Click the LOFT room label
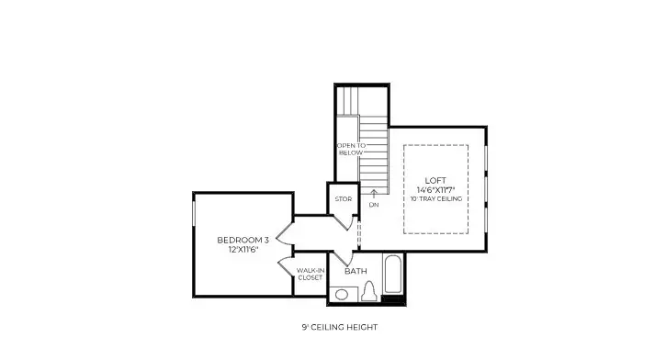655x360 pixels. pos(436,180)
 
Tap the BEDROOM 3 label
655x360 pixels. pos(236,241)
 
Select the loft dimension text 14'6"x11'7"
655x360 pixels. pos(436,189)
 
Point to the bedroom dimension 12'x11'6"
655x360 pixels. pos(236,250)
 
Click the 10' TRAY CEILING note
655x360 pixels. pos(436,198)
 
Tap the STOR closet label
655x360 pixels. pos(343,198)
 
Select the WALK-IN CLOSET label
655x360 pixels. pos(310,274)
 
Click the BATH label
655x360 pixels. pos(356,271)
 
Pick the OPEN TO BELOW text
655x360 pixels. pos(350,149)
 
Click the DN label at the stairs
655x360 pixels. pos(374,205)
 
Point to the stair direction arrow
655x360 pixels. pos(374,193)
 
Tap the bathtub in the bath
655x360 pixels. pos(392,275)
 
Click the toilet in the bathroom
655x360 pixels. pos(370,292)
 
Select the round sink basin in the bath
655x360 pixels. pos(341,295)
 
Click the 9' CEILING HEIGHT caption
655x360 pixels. pos(339,327)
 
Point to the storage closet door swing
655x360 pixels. pos(344,221)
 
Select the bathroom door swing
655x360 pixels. pos(341,258)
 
